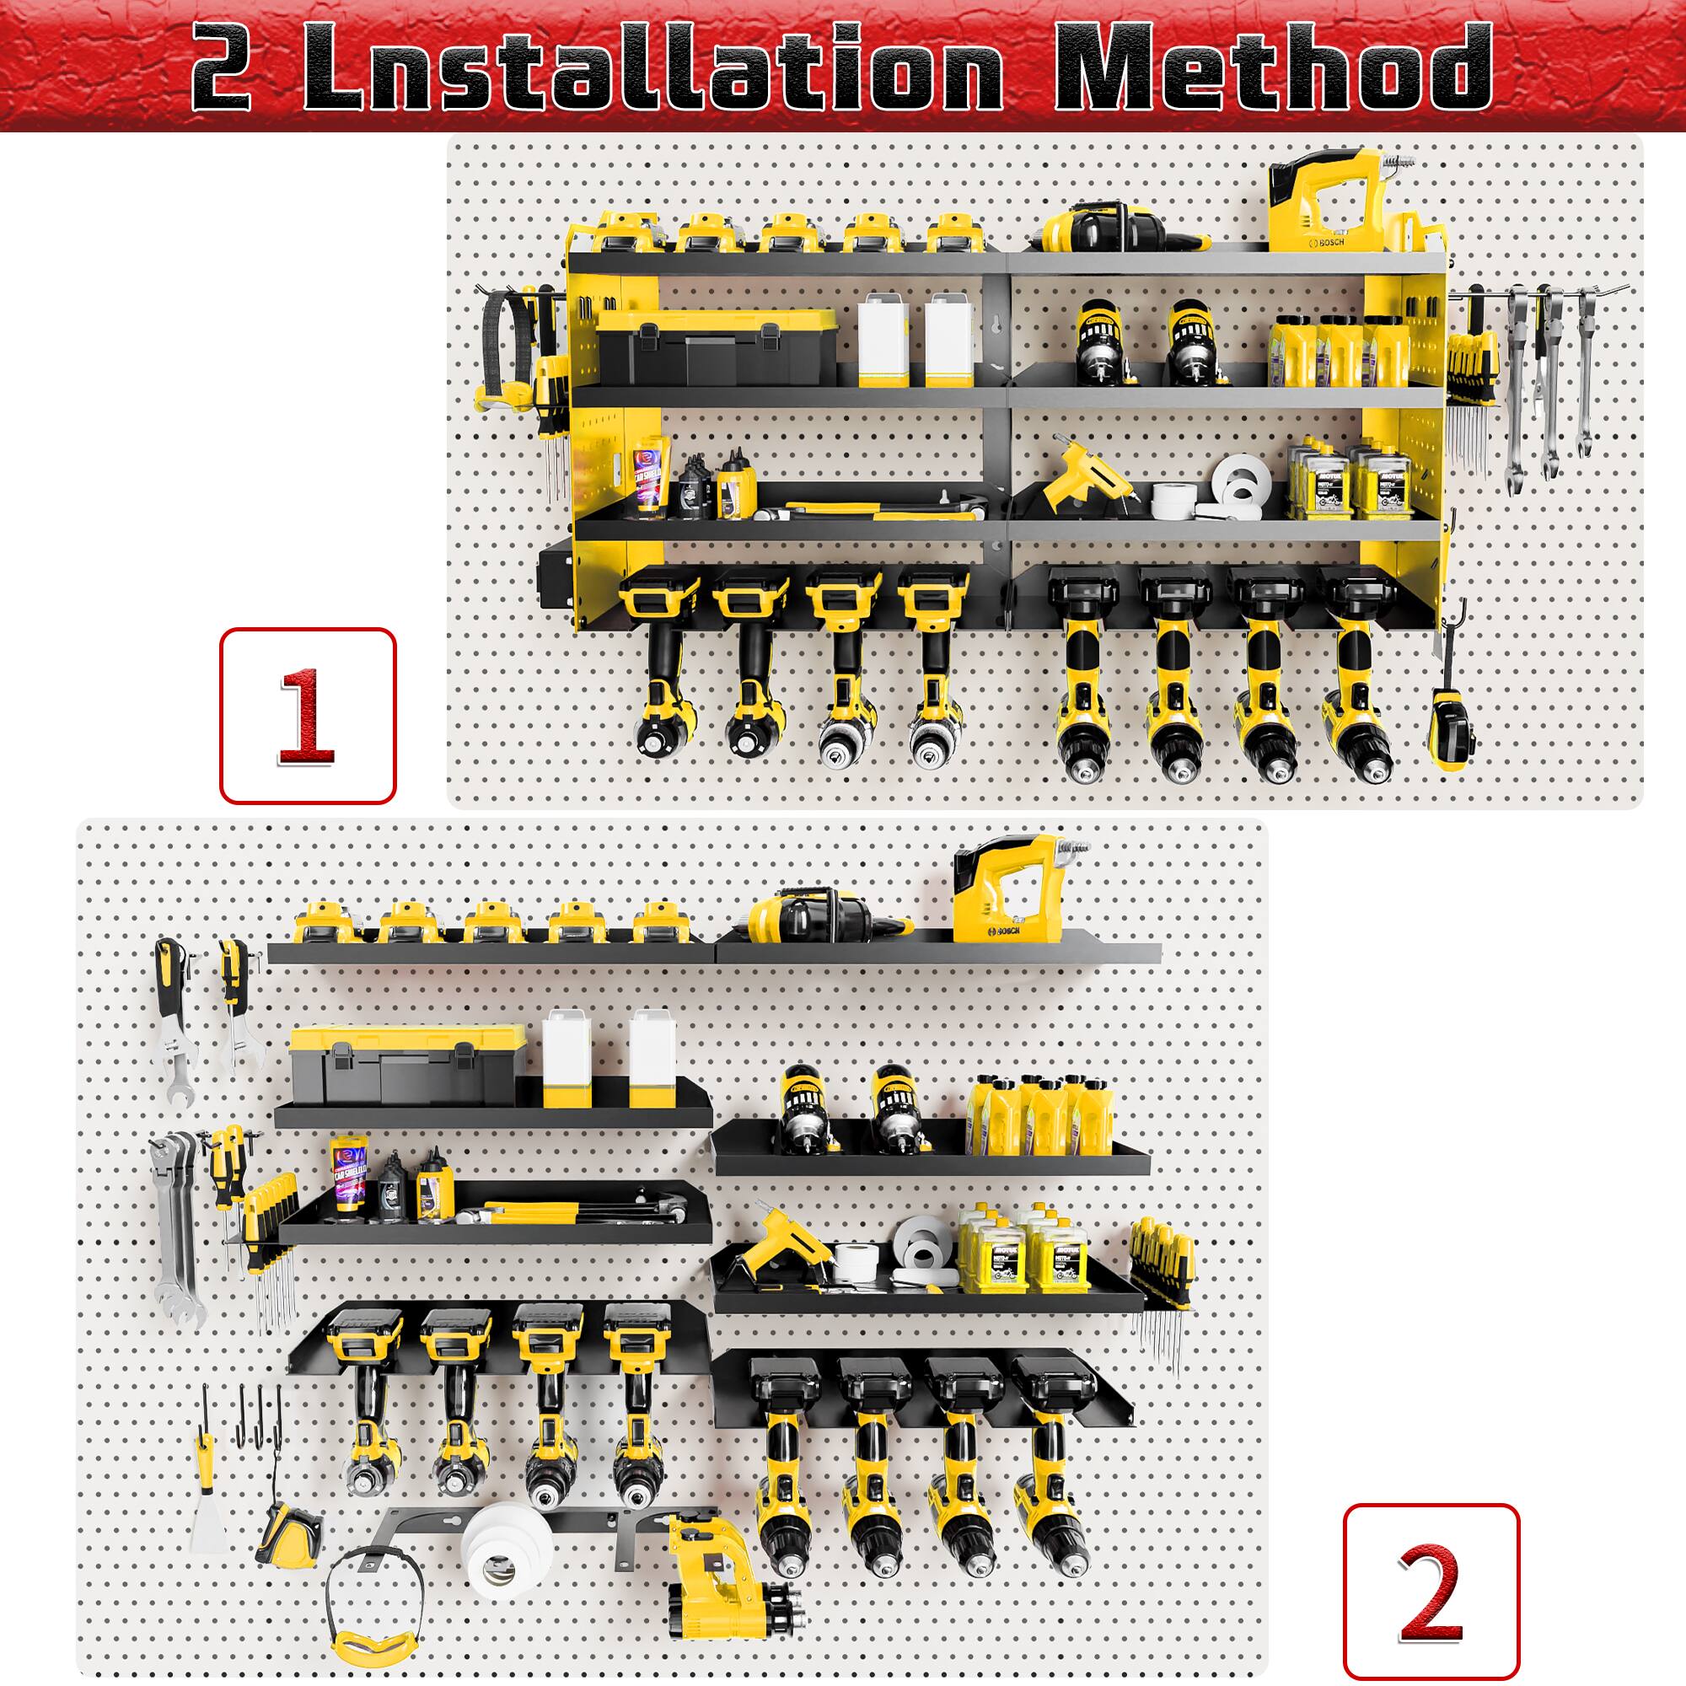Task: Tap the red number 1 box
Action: [307, 715]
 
